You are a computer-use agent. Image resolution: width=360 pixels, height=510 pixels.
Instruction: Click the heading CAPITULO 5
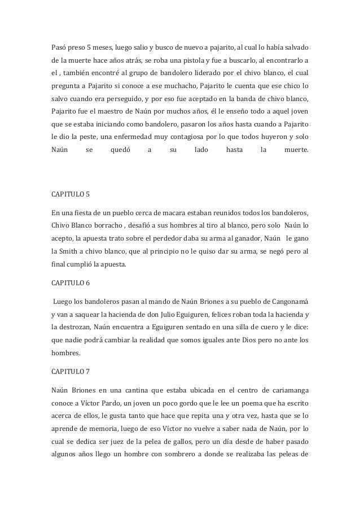click(70, 195)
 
